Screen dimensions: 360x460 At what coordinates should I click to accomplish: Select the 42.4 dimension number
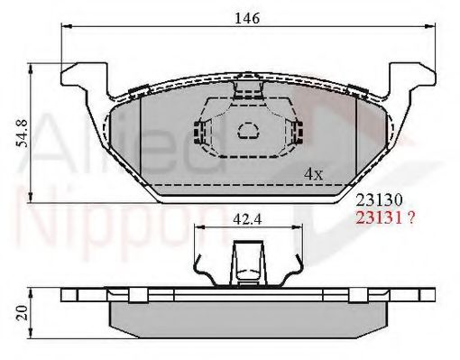click(243, 217)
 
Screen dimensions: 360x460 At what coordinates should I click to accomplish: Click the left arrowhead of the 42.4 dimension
click(197, 228)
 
